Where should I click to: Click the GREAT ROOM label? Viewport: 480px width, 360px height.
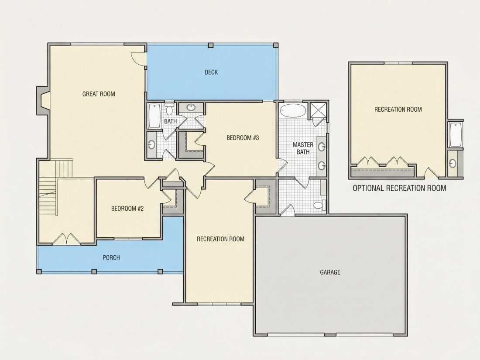pyautogui.click(x=99, y=94)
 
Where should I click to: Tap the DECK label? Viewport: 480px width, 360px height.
pyautogui.click(x=211, y=72)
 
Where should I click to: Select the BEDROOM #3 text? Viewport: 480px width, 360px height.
pyautogui.click(x=243, y=138)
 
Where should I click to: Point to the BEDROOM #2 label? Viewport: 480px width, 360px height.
pyautogui.click(x=127, y=209)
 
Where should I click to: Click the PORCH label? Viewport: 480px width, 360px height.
pyautogui.click(x=111, y=258)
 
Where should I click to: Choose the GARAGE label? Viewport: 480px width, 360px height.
pyautogui.click(x=330, y=272)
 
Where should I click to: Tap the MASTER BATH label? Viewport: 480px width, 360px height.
pyautogui.click(x=303, y=148)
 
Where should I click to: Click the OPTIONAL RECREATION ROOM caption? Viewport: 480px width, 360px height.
pyautogui.click(x=399, y=188)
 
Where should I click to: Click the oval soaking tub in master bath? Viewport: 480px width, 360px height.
pyautogui.click(x=293, y=110)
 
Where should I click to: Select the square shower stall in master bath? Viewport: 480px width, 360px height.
pyautogui.click(x=318, y=110)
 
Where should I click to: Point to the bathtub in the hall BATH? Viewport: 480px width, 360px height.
pyautogui.click(x=154, y=116)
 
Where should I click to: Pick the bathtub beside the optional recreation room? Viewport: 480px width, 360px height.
pyautogui.click(x=456, y=134)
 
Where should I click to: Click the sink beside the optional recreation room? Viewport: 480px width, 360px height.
pyautogui.click(x=453, y=163)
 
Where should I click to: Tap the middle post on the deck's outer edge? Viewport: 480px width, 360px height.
pyautogui.click(x=211, y=45)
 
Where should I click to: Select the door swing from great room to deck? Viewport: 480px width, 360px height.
pyautogui.click(x=138, y=58)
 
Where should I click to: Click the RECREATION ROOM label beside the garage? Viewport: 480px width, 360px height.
pyautogui.click(x=220, y=239)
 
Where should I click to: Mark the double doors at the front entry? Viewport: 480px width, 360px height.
pyautogui.click(x=66, y=239)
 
